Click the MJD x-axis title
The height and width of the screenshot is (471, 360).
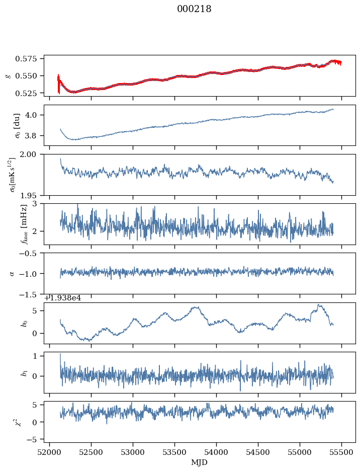click(200, 462)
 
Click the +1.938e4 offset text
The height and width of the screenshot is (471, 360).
click(62, 298)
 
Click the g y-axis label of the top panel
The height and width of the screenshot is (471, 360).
click(8, 75)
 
